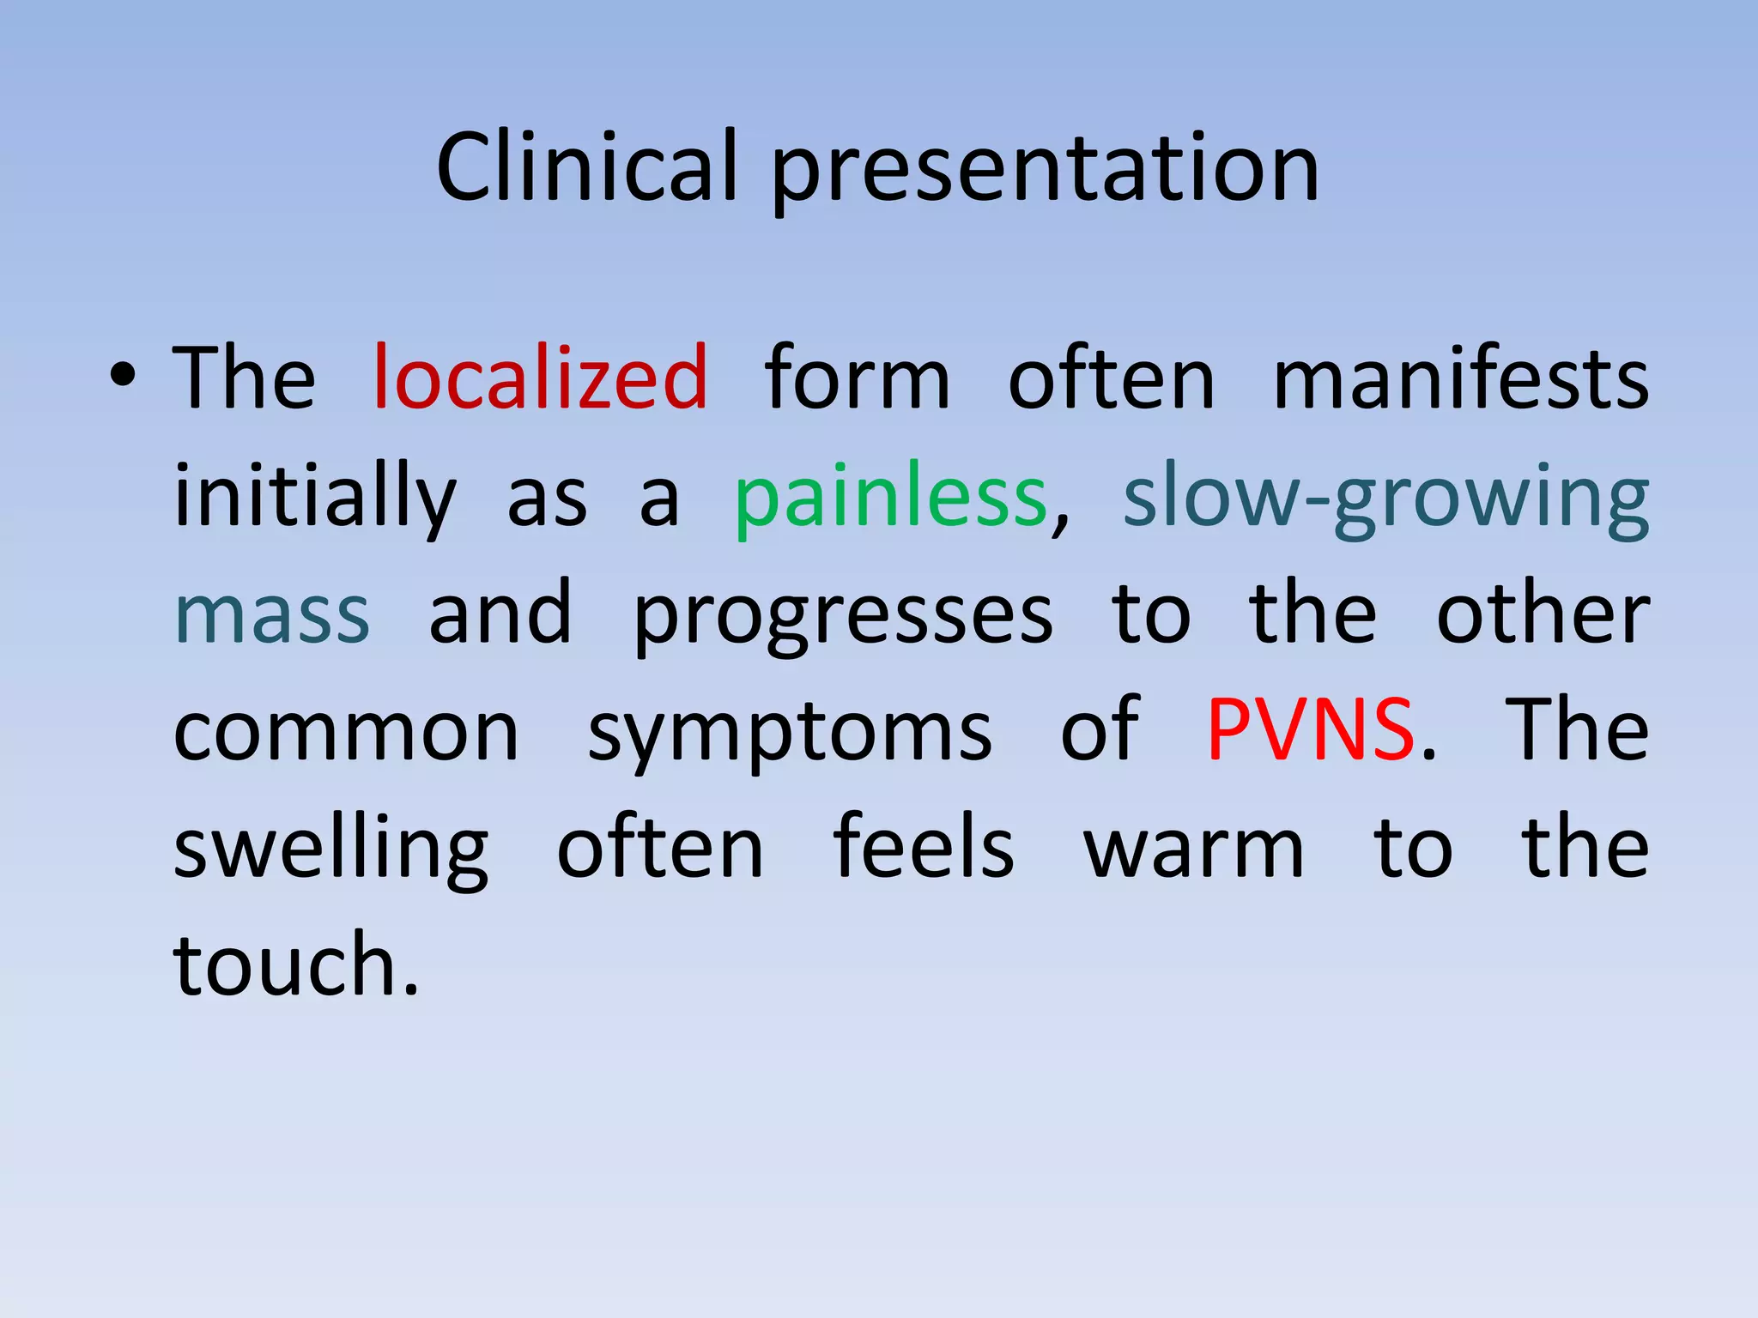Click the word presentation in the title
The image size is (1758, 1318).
pos(1045,172)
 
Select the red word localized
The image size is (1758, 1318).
pos(541,378)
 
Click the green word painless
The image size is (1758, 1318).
pos(890,498)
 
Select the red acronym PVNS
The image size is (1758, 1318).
pos(1310,731)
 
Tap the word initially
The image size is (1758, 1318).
pos(315,498)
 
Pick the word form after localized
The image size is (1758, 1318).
pos(857,378)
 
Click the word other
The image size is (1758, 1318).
pos(1543,614)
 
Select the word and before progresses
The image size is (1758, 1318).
pos(500,614)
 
